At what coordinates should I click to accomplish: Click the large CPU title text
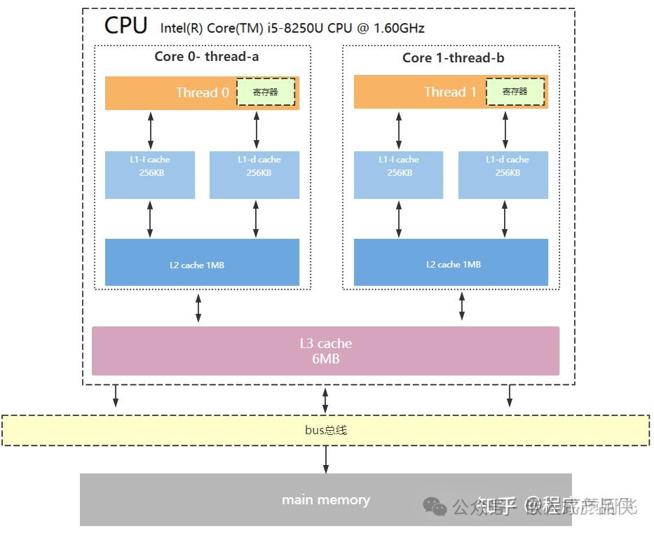tap(125, 25)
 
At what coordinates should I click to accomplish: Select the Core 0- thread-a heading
tap(206, 57)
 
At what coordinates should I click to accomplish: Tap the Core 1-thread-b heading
tap(453, 57)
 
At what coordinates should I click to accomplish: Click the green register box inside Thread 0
tap(266, 92)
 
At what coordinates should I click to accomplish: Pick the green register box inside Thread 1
tap(515, 92)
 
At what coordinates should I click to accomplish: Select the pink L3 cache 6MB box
tap(325, 350)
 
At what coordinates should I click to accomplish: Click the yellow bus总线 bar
tap(325, 430)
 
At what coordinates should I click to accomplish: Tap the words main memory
tap(325, 500)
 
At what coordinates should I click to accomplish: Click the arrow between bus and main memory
tap(325, 459)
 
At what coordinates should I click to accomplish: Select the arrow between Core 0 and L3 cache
tap(198, 308)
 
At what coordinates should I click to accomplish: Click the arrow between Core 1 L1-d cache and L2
tap(504, 219)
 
